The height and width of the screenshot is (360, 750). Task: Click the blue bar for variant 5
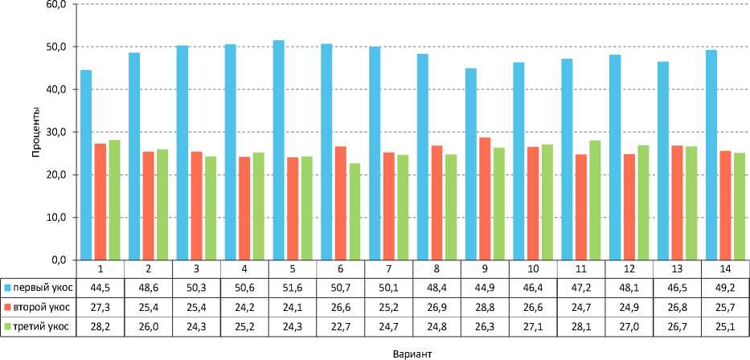point(279,150)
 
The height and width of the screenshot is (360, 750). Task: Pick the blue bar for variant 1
point(86,165)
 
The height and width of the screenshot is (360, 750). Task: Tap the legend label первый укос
point(38,287)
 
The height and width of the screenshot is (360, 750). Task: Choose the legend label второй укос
point(38,306)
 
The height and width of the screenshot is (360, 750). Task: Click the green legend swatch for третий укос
point(7,326)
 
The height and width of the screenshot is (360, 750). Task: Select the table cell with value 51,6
point(293,287)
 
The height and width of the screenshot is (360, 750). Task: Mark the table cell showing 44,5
point(100,287)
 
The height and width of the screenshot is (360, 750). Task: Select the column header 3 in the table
point(197,268)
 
